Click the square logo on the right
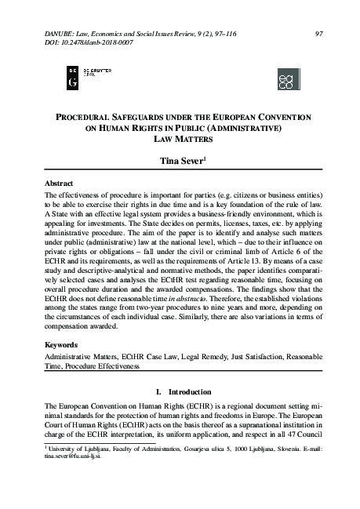[289, 79]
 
